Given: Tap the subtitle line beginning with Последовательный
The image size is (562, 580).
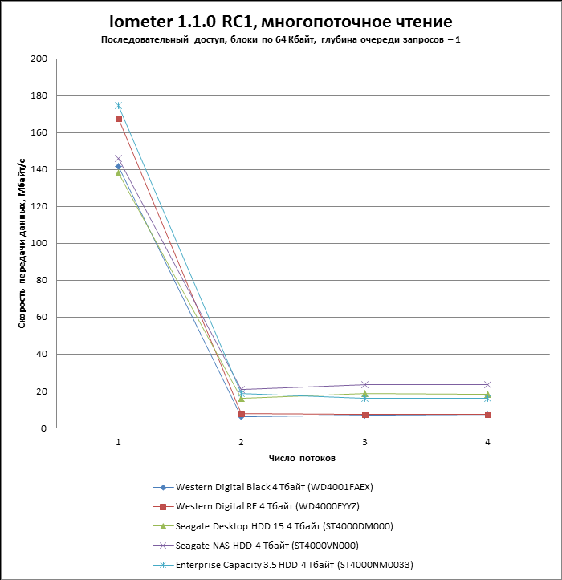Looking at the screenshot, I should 280,40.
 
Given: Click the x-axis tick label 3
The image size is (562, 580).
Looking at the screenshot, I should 364,443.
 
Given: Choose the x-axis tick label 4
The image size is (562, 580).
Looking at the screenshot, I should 487,443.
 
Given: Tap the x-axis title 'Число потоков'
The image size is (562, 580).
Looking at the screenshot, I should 302,458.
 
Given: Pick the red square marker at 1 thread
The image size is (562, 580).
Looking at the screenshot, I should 119,119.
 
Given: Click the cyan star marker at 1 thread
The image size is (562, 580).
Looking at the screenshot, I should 119,106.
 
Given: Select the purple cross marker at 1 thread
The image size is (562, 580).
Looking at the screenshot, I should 119,159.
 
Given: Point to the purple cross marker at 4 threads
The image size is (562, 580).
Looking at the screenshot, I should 487,384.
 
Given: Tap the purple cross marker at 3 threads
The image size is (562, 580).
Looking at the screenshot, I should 364,384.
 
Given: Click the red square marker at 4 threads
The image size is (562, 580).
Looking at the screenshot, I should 487,414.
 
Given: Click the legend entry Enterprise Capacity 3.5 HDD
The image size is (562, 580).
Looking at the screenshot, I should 294,565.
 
